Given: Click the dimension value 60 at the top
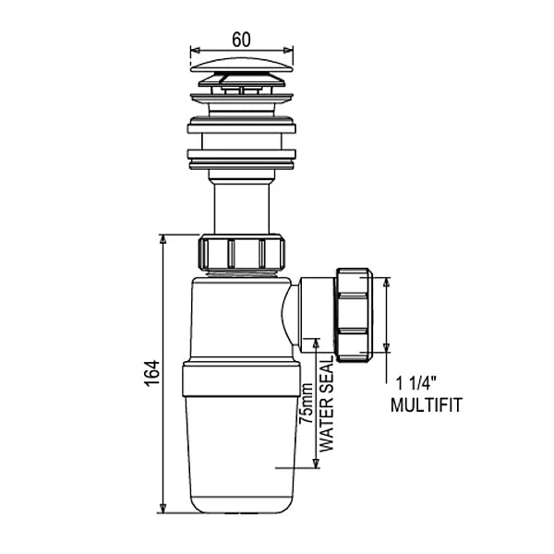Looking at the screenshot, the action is coord(241,39).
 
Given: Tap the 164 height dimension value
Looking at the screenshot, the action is coord(152,373).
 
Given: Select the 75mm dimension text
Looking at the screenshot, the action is coord(306,403).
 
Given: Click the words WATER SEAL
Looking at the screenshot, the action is coord(327,403).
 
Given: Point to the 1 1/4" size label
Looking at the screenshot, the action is coord(416,383).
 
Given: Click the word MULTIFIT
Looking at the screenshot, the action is coord(427,405).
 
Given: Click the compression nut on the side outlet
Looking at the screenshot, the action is coord(355,315).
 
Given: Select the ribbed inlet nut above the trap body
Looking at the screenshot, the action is coord(242,253).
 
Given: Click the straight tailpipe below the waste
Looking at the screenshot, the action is coord(242,209).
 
